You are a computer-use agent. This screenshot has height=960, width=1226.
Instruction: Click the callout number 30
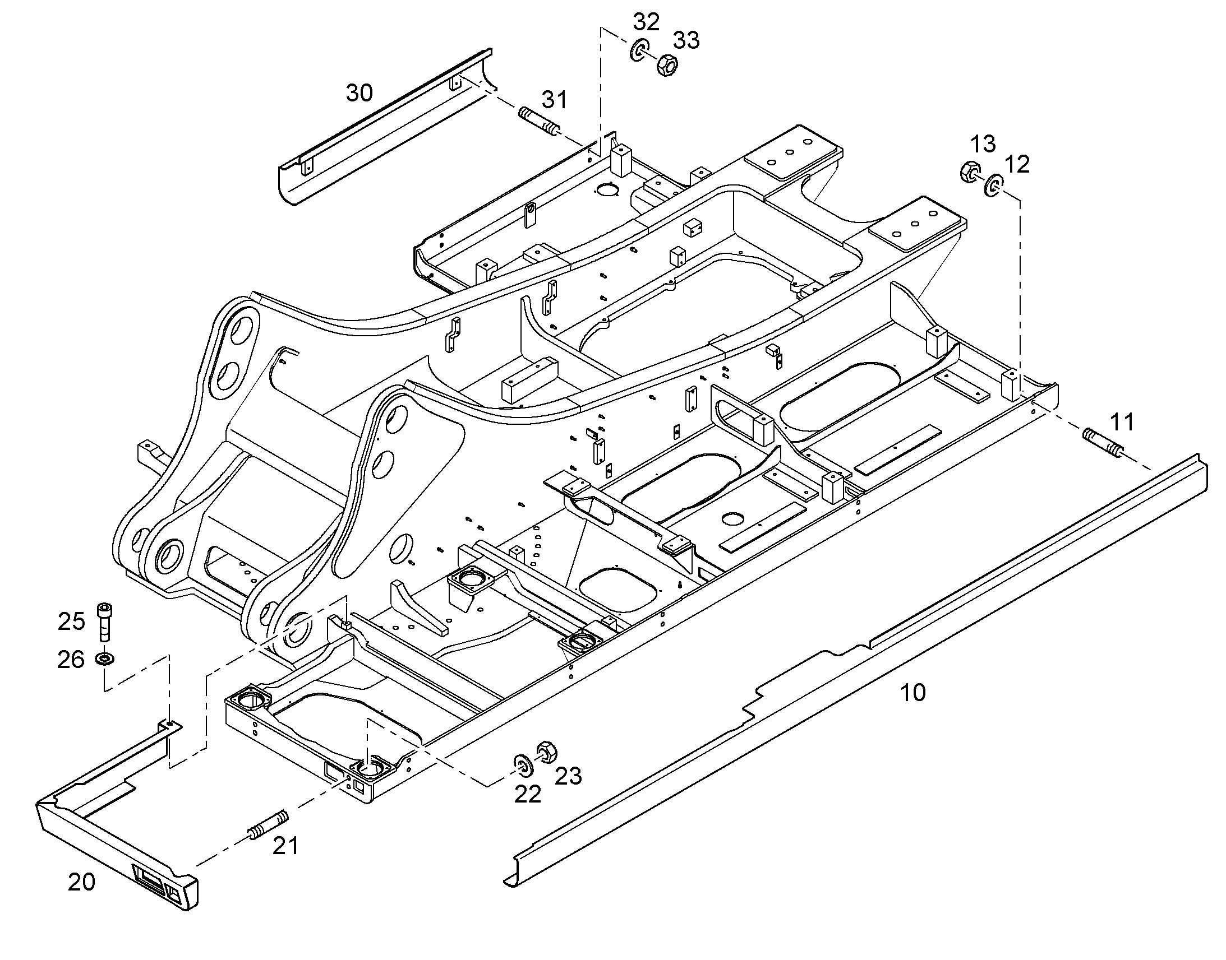coord(359,92)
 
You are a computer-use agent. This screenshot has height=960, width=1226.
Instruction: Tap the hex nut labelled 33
coord(666,64)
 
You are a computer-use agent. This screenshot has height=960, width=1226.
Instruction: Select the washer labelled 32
coord(639,50)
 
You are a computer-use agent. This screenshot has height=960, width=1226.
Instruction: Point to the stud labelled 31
coord(540,122)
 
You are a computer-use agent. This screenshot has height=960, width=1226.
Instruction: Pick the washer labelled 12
coord(994,185)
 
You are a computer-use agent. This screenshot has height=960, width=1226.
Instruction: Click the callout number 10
coord(913,693)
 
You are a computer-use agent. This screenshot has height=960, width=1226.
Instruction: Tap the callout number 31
coord(555,100)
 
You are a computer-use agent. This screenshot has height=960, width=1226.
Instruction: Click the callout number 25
coord(71,622)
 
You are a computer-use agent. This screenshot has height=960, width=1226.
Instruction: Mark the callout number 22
coord(528,794)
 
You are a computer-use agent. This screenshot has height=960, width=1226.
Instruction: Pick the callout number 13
coord(983,144)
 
